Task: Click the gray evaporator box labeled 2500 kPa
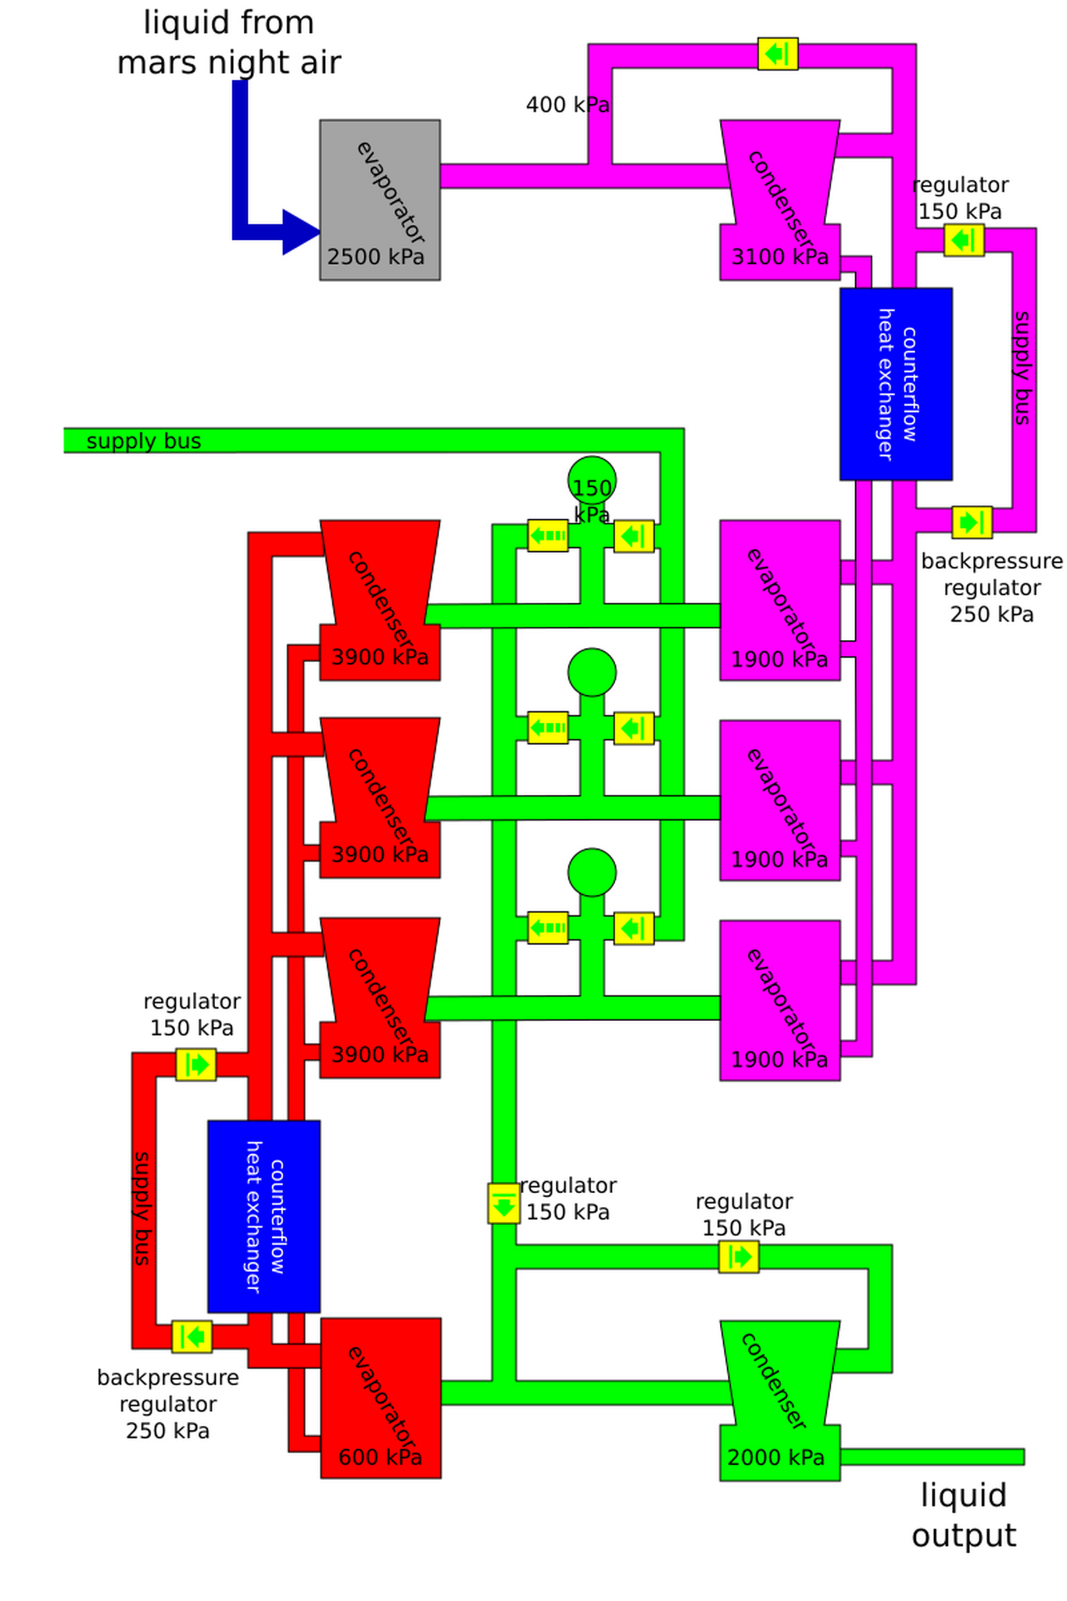(x=379, y=199)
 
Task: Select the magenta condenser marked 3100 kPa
(x=779, y=199)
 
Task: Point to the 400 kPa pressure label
(x=567, y=105)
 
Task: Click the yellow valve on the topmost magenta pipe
(x=778, y=54)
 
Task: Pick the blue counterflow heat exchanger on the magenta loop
(x=896, y=384)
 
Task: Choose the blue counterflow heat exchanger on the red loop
(x=263, y=1216)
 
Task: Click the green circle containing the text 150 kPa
(x=592, y=480)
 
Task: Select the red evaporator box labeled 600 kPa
(x=381, y=1398)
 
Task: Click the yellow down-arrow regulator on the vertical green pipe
(x=504, y=1203)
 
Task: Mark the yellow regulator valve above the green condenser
(x=739, y=1256)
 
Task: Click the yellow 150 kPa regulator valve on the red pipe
(x=195, y=1065)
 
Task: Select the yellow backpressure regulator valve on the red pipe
(x=192, y=1336)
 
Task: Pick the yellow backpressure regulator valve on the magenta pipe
(x=972, y=522)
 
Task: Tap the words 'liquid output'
(x=963, y=1515)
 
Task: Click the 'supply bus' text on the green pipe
(x=144, y=441)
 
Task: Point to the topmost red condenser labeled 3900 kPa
(x=380, y=600)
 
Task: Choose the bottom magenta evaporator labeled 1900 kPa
(x=779, y=1001)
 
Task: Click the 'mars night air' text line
(x=229, y=63)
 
